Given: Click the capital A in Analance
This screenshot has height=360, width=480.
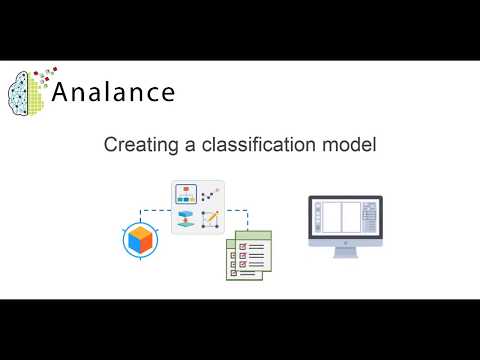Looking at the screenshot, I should (71, 93).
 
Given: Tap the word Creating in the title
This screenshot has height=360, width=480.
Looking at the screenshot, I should (134, 146).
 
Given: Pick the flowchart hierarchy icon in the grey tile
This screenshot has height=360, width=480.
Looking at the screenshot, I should (186, 194).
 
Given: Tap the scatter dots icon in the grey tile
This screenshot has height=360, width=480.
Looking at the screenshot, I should (211, 194).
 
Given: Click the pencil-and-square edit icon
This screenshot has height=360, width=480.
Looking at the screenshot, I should (211, 219).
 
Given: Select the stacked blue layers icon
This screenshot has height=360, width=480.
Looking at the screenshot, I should (186, 219).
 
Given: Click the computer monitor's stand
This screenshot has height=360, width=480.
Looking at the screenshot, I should (344, 250).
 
